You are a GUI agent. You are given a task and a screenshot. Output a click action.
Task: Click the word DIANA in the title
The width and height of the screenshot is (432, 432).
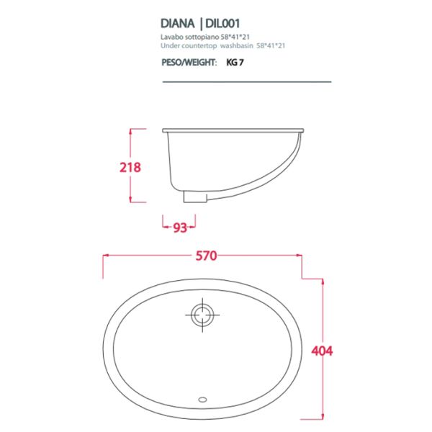[177, 24]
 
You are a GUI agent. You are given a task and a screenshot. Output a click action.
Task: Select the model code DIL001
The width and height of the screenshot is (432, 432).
[222, 24]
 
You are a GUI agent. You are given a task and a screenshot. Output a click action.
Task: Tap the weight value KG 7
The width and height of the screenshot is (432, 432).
[235, 62]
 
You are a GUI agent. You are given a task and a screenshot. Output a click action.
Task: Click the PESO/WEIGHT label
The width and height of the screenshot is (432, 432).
[189, 62]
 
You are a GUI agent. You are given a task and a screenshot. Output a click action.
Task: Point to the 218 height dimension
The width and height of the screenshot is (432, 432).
[130, 167]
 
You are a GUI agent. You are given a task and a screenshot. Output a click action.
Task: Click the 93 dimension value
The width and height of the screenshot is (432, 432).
[180, 228]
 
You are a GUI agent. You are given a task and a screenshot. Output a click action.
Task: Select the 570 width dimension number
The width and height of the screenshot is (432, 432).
[206, 256]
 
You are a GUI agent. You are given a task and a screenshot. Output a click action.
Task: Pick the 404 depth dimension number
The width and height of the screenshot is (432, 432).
[322, 351]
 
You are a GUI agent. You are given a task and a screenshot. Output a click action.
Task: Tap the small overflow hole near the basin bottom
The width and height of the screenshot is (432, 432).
[202, 399]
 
